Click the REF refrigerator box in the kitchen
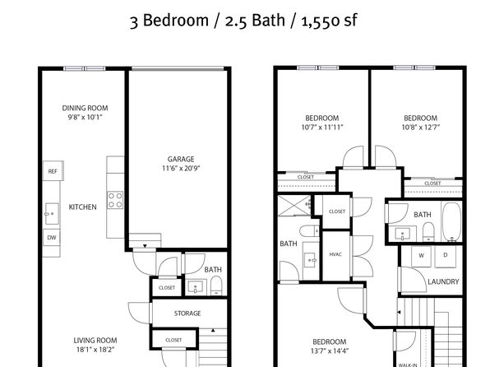pos(53,171)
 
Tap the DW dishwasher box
pos(51,237)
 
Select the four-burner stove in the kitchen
pos(115,200)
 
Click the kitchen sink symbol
pos(52,214)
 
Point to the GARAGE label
pos(181,159)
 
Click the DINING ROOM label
pos(85,109)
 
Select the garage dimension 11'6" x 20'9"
pos(181,169)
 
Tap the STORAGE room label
pos(187,314)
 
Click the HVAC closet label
pos(335,254)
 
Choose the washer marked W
pos(421,256)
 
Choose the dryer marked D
pos(446,256)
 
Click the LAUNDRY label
pos(443,281)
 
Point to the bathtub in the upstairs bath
pos(451,222)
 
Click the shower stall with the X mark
pos(294,205)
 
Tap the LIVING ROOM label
pos(95,341)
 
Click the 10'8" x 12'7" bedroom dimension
pos(421,128)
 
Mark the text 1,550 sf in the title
pos(329,21)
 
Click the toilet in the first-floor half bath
pos(216,286)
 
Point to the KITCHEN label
pos(82,207)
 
